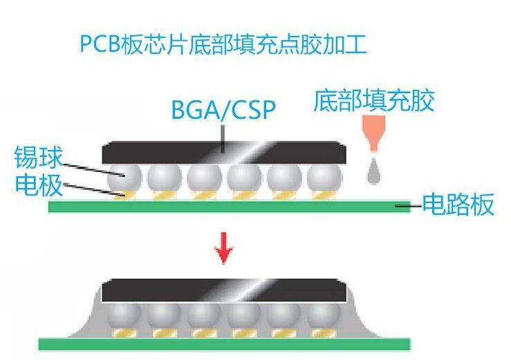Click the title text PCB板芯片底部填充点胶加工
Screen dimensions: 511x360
click(223, 45)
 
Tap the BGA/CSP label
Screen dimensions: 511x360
click(223, 109)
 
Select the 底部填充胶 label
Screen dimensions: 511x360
click(374, 100)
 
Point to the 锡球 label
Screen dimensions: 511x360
click(38, 157)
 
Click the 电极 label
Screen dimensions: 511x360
click(39, 184)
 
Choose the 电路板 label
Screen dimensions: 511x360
click(458, 205)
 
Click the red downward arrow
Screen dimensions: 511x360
click(223, 248)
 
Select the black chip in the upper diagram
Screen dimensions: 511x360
click(224, 153)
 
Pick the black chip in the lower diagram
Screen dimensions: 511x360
click(224, 290)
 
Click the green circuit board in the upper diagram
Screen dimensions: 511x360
click(230, 207)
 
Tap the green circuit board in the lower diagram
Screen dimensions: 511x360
click(224, 344)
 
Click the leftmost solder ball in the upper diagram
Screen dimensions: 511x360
click(125, 178)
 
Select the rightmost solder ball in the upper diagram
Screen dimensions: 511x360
click(324, 178)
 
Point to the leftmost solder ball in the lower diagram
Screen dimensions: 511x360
click(124, 316)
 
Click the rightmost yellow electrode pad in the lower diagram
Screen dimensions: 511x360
click(324, 333)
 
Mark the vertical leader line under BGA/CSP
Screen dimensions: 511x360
click(223, 138)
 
